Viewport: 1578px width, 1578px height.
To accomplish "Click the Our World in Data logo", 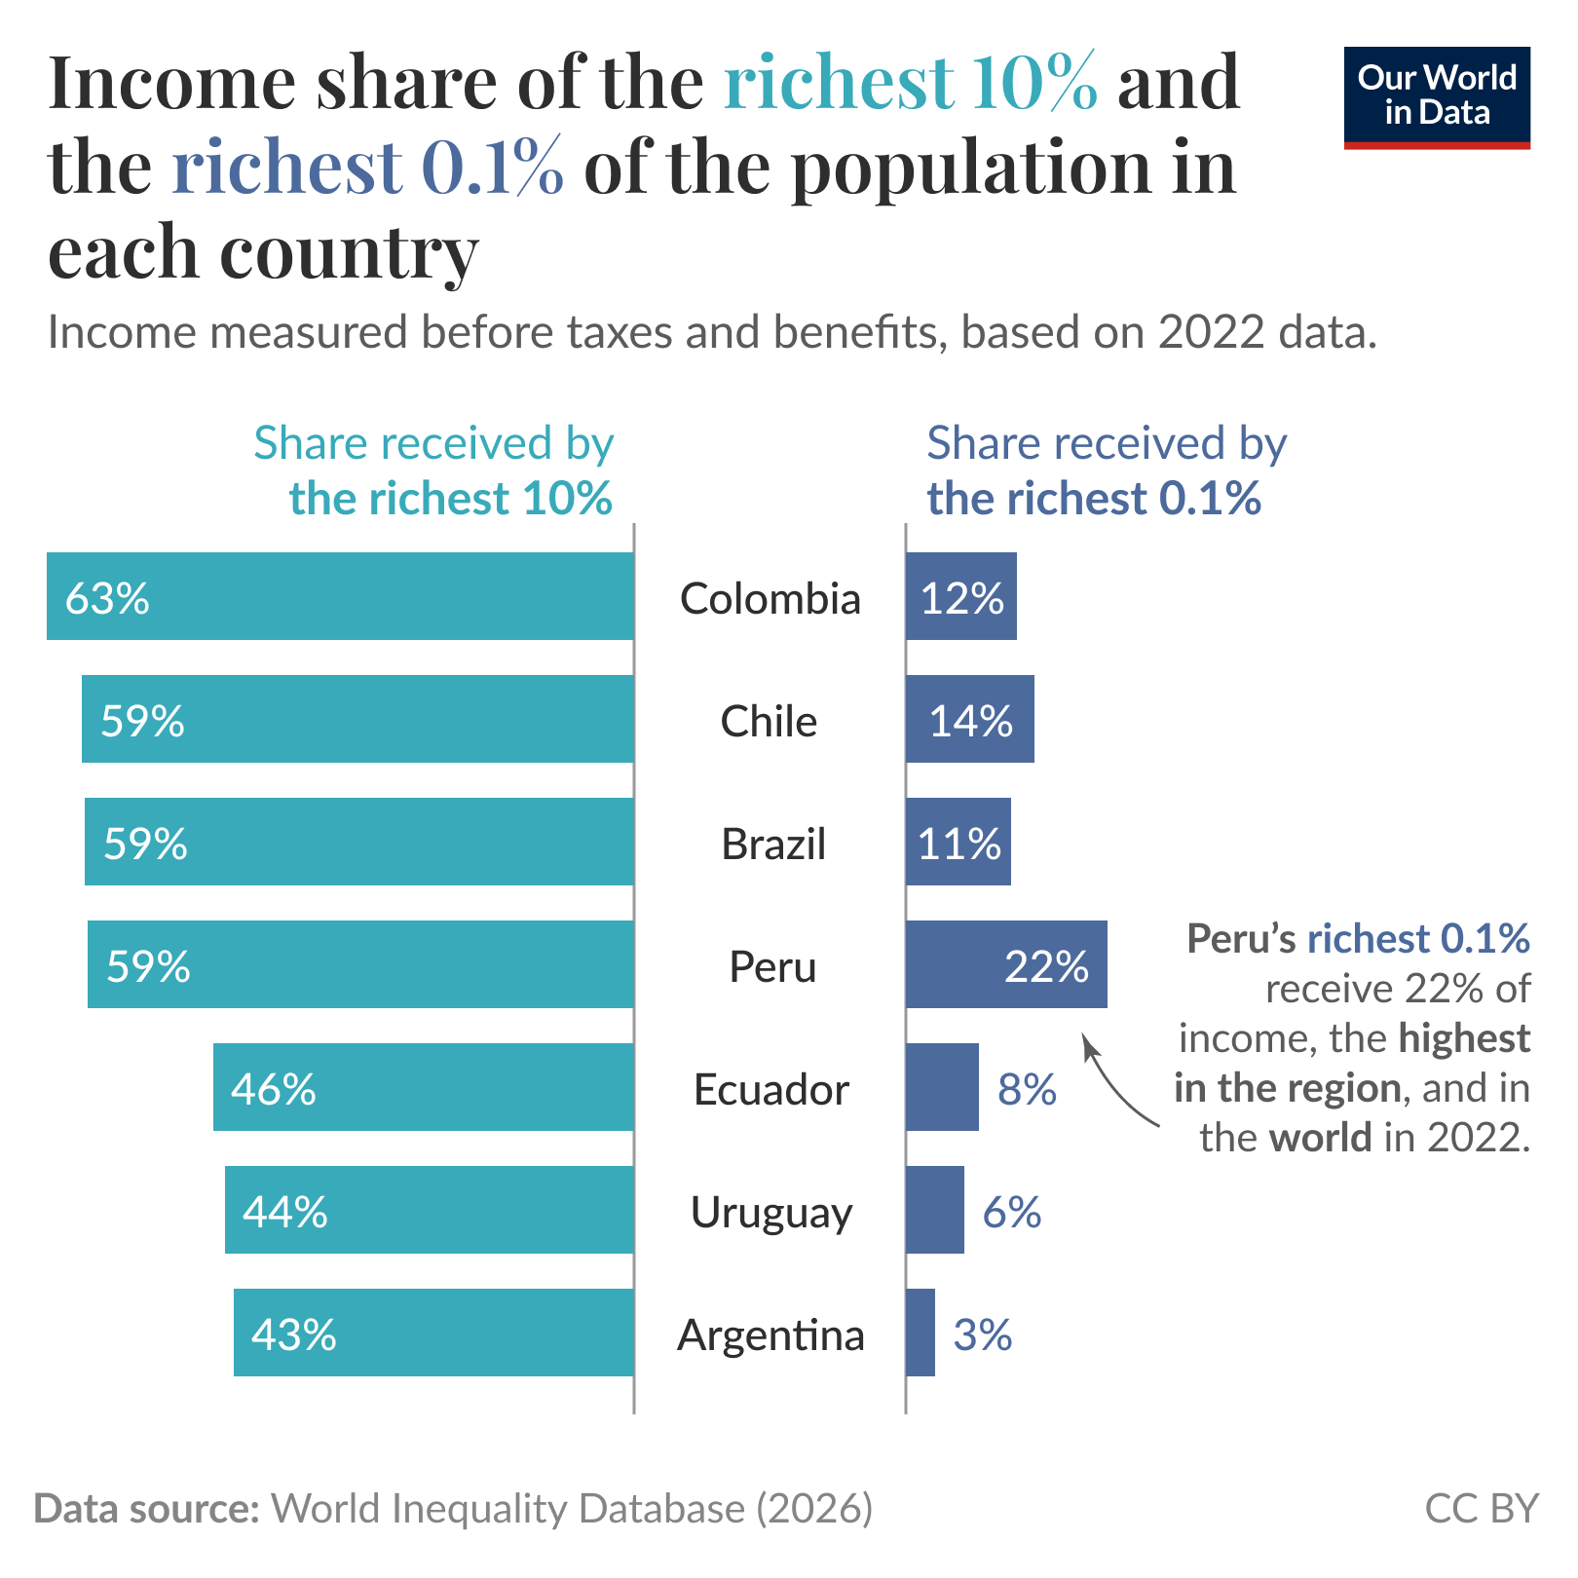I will coord(1436,96).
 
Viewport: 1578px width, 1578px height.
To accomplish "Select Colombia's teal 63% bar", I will coord(341,596).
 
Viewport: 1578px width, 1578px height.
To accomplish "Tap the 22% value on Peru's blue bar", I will coord(1046,966).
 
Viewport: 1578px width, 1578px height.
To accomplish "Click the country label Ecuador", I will coord(770,1089).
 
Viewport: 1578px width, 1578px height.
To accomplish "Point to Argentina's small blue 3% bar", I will coord(920,1333).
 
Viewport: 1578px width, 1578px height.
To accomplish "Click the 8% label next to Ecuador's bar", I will coord(1027,1089).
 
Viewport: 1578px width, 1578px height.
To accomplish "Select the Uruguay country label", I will coord(770,1212).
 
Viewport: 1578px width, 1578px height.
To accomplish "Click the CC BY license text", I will coord(1481,1508).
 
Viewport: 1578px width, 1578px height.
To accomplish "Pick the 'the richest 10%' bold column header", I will coord(450,498).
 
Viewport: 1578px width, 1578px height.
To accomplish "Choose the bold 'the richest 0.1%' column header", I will coord(1093,498).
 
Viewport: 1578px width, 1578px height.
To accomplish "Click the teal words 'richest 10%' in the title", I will coord(910,82).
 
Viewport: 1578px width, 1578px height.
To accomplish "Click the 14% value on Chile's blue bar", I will coord(970,721).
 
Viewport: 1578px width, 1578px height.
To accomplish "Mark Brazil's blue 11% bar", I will coord(958,843).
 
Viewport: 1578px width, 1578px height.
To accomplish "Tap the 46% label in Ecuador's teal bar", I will coord(274,1089).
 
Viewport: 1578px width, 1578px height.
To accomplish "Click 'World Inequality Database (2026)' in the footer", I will coord(572,1508).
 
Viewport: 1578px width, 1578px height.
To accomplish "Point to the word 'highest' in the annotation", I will coord(1464,1038).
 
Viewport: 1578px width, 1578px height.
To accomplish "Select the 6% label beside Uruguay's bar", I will coord(1011,1212).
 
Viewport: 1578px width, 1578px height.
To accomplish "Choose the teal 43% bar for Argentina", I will coord(433,1333).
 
